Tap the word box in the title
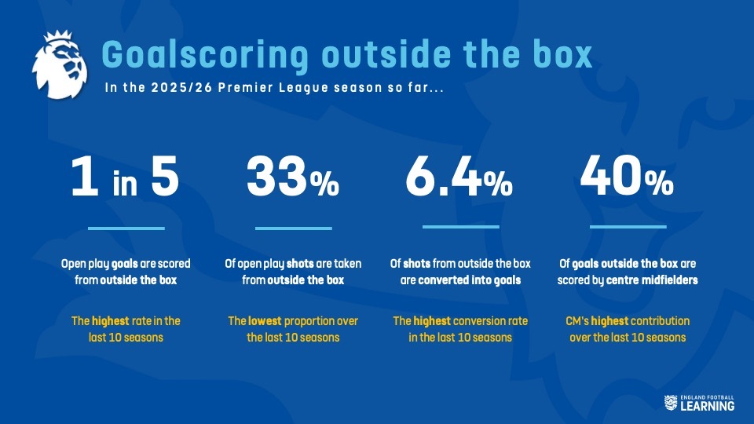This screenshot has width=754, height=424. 560,55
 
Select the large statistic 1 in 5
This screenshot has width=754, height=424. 126,180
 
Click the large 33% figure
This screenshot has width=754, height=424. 293,180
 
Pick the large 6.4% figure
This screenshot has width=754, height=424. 459,180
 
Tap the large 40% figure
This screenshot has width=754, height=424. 627,180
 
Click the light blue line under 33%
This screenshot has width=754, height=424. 294,228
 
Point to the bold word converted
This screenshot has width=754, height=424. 446,279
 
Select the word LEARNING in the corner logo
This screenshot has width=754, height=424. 707,406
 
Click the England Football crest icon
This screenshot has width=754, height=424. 670,402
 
